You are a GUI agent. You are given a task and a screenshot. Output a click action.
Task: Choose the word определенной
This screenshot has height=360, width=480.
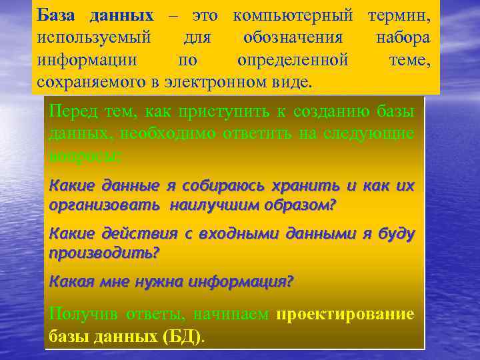click(x=293, y=60)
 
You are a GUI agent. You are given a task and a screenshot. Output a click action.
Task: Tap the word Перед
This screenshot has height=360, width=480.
click(x=71, y=111)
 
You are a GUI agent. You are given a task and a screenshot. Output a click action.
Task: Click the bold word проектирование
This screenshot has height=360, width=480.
click(x=345, y=314)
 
